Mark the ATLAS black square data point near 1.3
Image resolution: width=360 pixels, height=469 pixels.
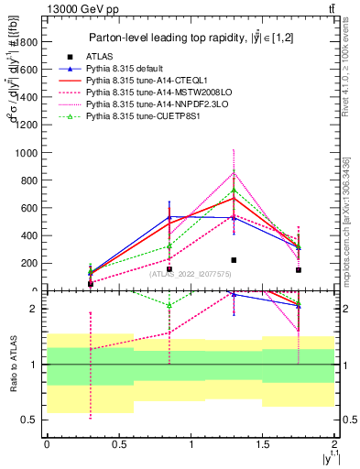tap(234, 260)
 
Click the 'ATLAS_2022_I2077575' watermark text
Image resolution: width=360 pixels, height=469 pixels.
tap(190, 273)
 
